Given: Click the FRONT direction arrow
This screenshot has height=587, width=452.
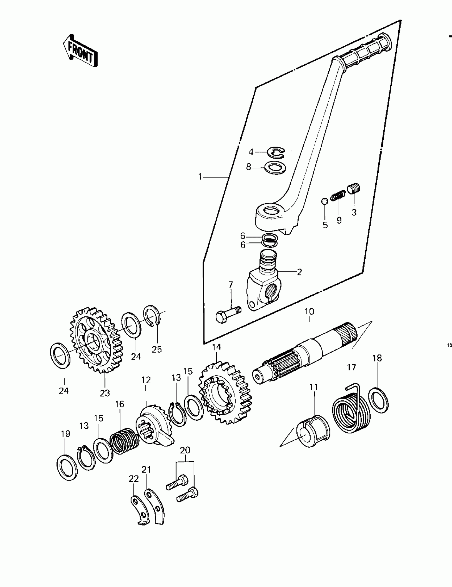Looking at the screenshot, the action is coord(80,51).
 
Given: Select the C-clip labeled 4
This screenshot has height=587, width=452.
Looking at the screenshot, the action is coord(276,153).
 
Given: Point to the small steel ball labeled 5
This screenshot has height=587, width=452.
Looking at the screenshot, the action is coord(325,201).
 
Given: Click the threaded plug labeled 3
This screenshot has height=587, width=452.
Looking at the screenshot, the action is coord(354,188).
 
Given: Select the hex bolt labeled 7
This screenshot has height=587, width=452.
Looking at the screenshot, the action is coord(228,315).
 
